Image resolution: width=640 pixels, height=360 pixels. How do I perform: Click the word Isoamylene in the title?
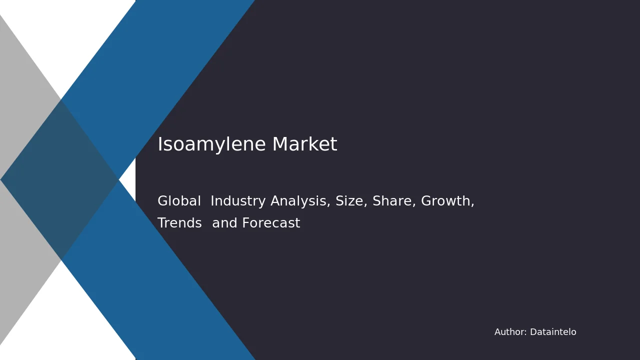(x=211, y=144)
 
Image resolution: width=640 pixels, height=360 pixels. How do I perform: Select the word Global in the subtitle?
(x=179, y=200)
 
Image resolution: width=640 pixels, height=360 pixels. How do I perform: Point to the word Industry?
(x=238, y=201)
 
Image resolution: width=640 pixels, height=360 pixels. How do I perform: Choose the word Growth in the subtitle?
(x=447, y=201)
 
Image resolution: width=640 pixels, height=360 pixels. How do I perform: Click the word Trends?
(x=179, y=223)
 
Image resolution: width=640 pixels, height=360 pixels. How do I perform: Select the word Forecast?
(x=271, y=223)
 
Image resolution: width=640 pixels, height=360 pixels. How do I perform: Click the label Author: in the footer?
(x=510, y=332)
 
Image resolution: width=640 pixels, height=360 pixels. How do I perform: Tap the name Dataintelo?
(x=553, y=332)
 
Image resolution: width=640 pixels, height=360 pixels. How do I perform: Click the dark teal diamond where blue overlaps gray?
(x=59, y=180)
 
